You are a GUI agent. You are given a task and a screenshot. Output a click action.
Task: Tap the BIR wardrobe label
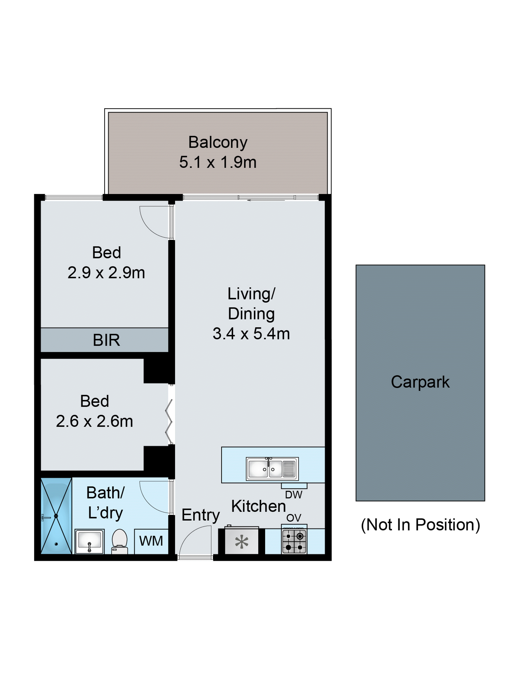click(x=106, y=340)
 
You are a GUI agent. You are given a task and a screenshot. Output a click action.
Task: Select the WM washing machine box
click(x=151, y=541)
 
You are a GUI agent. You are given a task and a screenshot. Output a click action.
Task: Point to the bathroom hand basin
click(x=89, y=541)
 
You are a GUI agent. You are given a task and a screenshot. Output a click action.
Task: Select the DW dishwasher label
click(x=293, y=495)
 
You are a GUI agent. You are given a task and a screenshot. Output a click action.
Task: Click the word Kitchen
click(x=258, y=506)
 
